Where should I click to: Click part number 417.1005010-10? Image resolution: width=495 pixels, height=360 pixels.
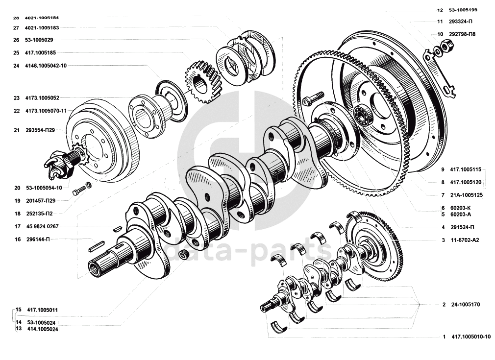coord(471,336)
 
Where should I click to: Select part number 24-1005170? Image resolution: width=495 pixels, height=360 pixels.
coord(465,305)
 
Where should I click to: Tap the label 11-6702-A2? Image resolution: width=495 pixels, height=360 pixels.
coord(465,240)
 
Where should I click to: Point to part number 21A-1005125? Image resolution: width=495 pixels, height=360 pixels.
coord(466,195)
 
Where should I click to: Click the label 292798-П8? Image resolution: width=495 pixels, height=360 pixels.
coord(462,34)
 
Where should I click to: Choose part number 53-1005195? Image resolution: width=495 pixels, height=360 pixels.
coord(463,10)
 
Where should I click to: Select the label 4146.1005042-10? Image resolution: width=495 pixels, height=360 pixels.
coord(46,66)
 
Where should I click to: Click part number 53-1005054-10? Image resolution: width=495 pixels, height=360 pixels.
coord(44,188)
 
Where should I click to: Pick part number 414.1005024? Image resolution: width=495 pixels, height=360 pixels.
coord(43,329)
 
